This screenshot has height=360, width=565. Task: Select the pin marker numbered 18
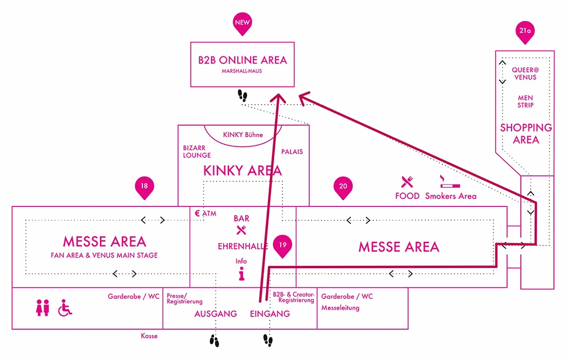[144, 187]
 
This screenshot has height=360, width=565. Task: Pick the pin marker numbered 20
[343, 187]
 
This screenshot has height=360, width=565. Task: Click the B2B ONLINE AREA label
[242, 60]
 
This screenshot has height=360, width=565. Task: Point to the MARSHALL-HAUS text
[242, 73]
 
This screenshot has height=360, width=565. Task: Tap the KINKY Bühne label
[243, 135]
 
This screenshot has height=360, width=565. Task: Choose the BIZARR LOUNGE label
[197, 152]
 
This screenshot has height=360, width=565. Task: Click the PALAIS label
[292, 152]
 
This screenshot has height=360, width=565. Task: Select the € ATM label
[206, 213]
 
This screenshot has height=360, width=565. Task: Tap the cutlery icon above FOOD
[407, 182]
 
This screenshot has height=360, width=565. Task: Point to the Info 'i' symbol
[241, 275]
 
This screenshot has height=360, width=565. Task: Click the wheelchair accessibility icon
[65, 307]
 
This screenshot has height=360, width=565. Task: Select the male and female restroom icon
[42, 307]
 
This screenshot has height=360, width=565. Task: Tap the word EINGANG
[270, 314]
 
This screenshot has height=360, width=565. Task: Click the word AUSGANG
[216, 314]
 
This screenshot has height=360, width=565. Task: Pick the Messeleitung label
[340, 308]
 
